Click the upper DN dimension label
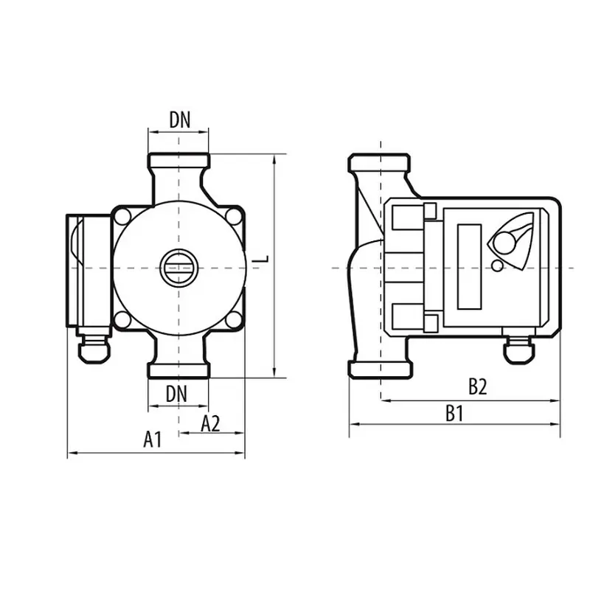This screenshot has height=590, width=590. (180, 119)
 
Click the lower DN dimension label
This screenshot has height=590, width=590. (176, 395)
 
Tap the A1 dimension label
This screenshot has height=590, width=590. (153, 439)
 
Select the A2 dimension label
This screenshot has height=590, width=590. (210, 423)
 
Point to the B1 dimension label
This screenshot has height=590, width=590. (454, 414)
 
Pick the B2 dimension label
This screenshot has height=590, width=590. (477, 386)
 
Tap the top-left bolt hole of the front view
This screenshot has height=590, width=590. (122, 217)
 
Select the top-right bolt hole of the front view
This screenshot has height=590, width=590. (234, 217)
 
